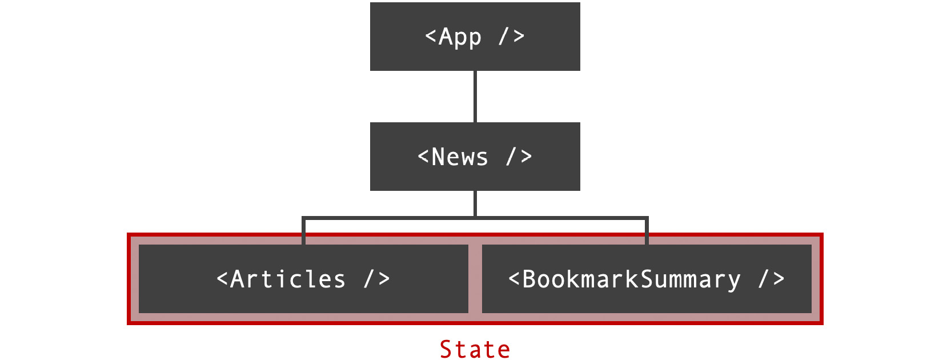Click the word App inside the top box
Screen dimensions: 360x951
pyautogui.click(x=460, y=37)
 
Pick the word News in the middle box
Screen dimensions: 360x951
pyautogui.click(x=460, y=157)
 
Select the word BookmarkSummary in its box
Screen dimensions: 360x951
pyautogui.click(x=631, y=279)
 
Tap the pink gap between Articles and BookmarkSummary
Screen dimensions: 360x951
pyautogui.click(x=475, y=279)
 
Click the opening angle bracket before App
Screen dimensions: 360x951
pyautogui.click(x=431, y=37)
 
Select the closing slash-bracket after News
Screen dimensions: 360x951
pyautogui.click(x=519, y=156)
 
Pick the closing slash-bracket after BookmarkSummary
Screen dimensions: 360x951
pyautogui.click(x=771, y=279)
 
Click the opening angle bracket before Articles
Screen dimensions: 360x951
pyautogui.click(x=222, y=279)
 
